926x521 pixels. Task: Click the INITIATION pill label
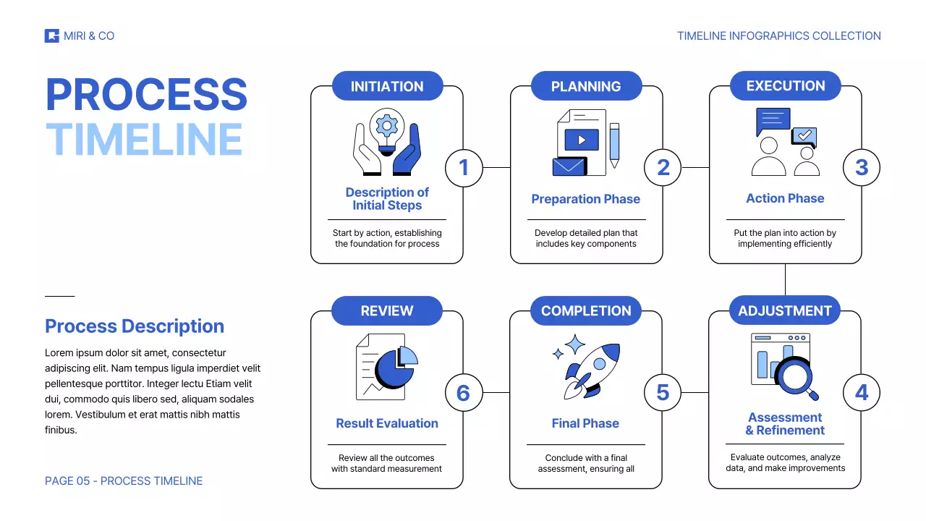point(387,86)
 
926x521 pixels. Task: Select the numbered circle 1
point(464,168)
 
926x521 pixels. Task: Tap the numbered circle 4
point(862,393)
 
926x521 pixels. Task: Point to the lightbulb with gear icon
point(387,130)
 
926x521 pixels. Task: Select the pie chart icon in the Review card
point(394,365)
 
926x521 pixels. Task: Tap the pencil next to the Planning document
point(614,145)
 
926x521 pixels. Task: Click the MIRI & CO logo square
point(51,35)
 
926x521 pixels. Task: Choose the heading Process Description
point(135,326)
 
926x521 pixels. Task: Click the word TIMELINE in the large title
point(144,139)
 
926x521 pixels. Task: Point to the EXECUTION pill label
point(786,86)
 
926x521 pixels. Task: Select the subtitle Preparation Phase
point(586,199)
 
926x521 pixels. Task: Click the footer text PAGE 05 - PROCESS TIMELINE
point(124,481)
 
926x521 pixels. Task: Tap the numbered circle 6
point(464,393)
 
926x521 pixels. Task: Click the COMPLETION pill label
point(586,311)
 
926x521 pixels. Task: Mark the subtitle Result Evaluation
point(387,423)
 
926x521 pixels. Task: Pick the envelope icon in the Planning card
point(569,166)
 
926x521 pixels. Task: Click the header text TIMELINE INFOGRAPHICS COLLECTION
point(779,36)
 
